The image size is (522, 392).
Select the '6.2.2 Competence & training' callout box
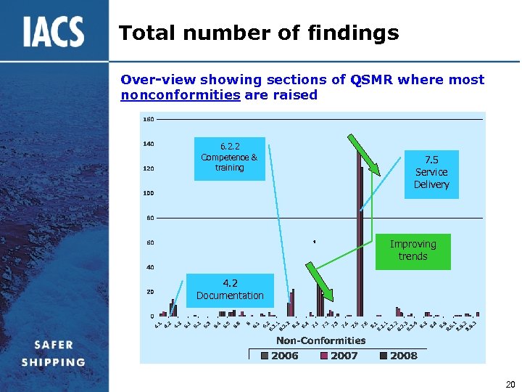click(x=229, y=158)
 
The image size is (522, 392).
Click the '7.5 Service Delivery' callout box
click(x=431, y=172)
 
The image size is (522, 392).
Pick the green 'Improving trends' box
click(x=413, y=250)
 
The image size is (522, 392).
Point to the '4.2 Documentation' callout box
click(x=230, y=290)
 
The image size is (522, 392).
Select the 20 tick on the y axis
click(x=148, y=292)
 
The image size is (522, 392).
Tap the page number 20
click(x=510, y=384)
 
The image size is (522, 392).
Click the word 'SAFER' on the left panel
click(x=54, y=345)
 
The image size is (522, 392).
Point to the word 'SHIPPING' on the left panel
click(x=54, y=362)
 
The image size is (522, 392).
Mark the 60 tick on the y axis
click(x=148, y=242)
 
